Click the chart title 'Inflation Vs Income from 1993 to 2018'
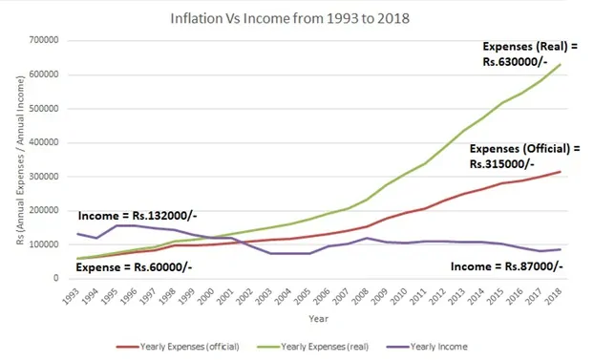[307, 18]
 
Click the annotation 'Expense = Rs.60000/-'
[123, 269]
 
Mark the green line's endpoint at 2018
[560, 64]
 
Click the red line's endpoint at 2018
[560, 172]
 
